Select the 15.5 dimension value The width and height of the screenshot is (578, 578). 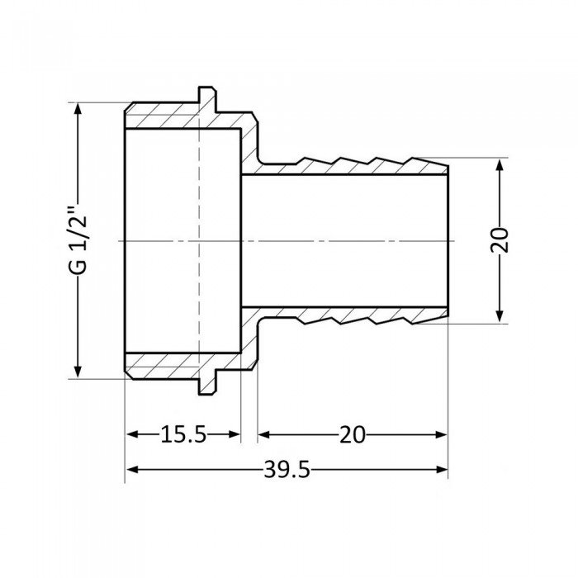(182, 435)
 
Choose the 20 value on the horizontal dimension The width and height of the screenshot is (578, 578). (353, 435)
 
